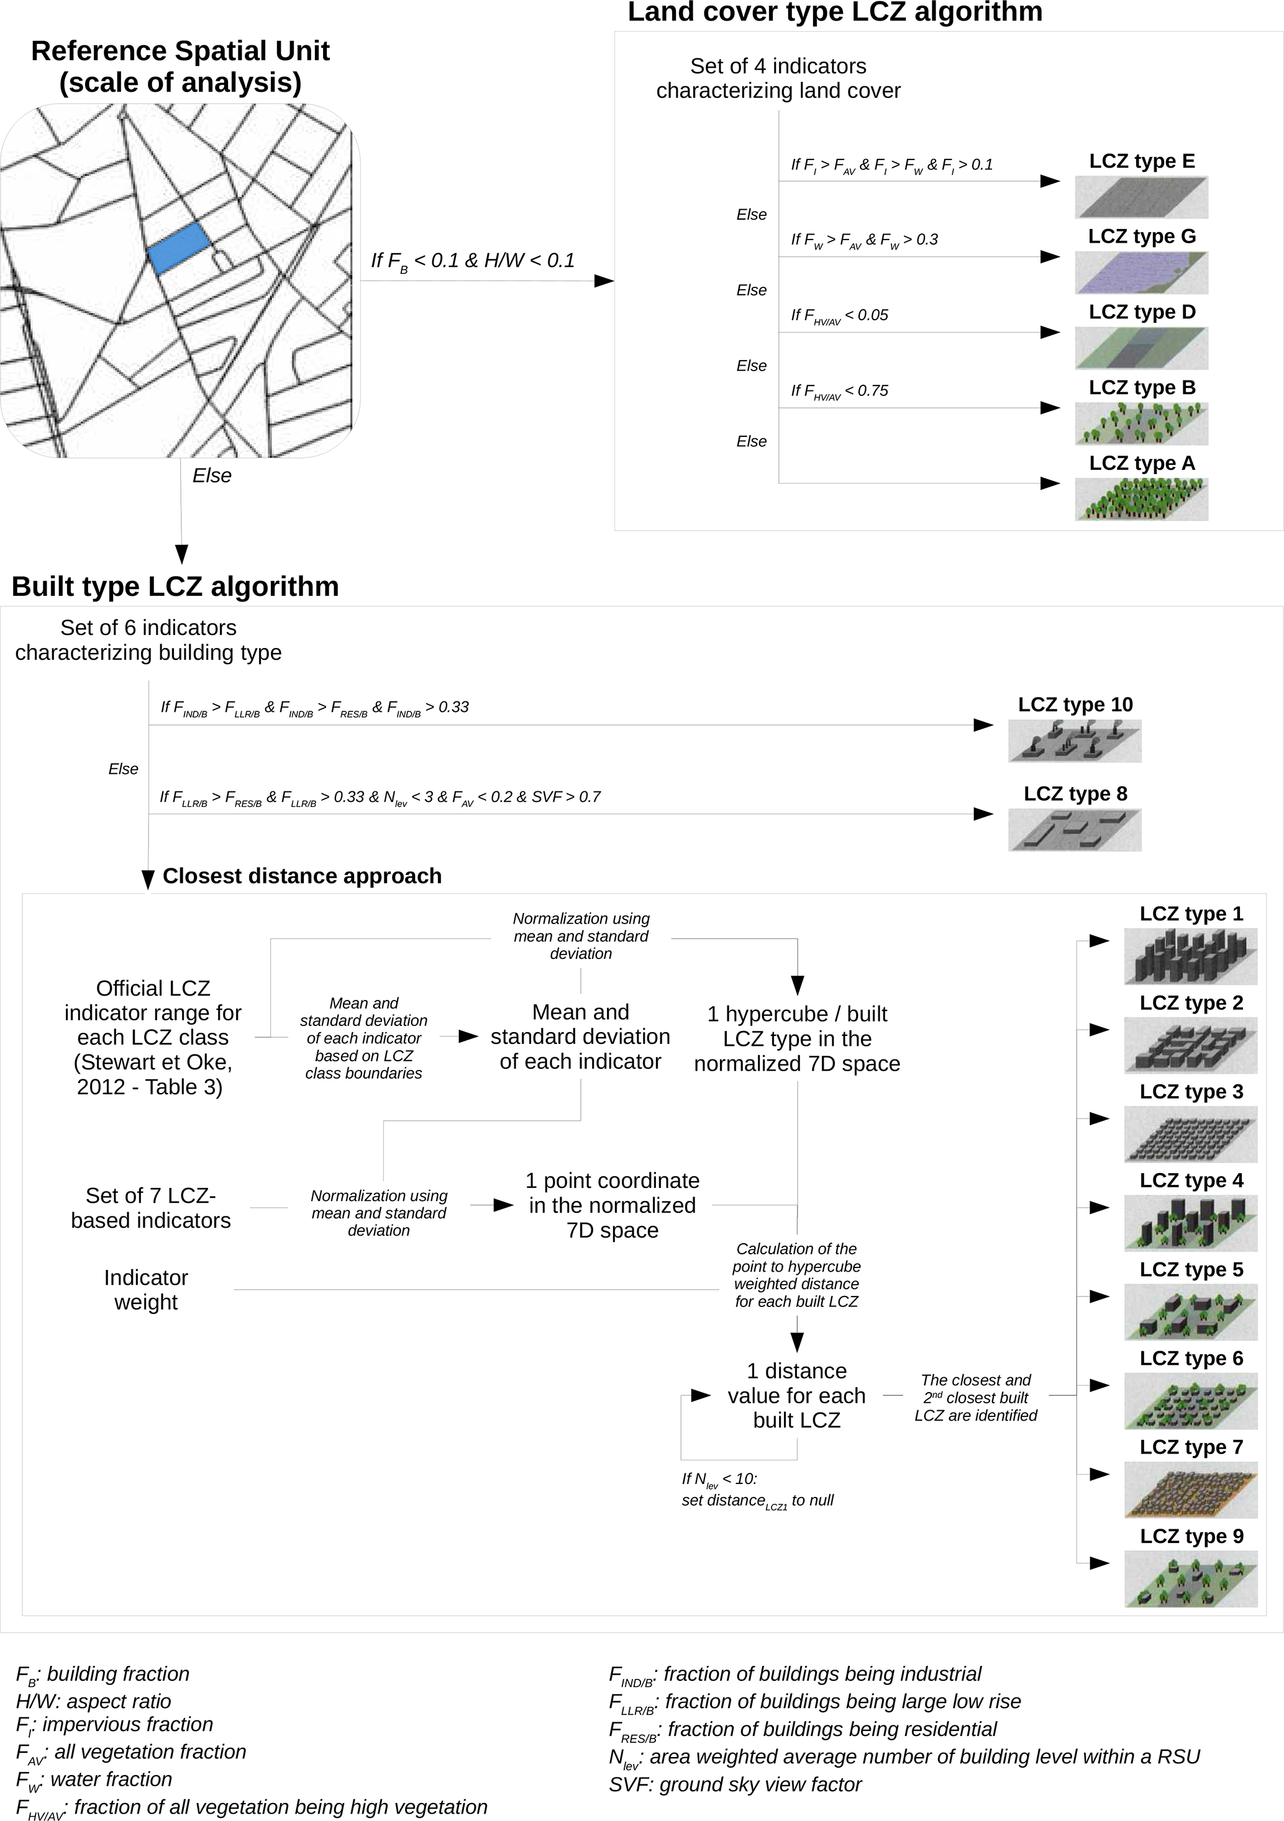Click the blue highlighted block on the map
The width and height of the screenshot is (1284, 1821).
coord(180,248)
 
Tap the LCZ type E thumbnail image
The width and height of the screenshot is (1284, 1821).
coord(1141,197)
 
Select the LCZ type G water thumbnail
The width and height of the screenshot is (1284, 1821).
coord(1141,272)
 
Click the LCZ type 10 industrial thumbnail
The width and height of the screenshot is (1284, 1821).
coord(1075,741)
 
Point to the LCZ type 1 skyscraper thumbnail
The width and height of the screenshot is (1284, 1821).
coord(1190,956)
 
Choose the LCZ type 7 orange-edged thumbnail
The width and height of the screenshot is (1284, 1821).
coord(1190,1490)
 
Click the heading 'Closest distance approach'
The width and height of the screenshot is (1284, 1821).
coord(301,876)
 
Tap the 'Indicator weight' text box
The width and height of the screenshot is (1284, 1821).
coord(146,1290)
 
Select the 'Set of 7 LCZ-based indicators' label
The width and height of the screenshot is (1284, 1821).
coord(151,1207)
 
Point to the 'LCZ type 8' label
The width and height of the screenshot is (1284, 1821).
coord(1075,794)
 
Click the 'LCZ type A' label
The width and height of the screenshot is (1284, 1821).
coord(1141,463)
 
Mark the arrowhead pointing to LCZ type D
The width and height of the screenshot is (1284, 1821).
coord(1050,332)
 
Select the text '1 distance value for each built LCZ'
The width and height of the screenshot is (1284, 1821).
coord(797,1395)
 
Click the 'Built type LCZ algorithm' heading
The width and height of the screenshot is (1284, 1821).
coord(175,586)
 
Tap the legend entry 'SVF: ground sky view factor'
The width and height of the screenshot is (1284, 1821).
coord(735,1784)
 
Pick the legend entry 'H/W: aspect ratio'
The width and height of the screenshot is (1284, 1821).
coord(94,1701)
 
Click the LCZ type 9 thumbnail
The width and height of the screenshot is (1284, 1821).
coord(1190,1579)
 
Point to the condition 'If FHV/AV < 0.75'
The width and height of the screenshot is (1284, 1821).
coord(840,391)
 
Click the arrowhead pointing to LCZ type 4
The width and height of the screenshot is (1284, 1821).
coord(1099,1208)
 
